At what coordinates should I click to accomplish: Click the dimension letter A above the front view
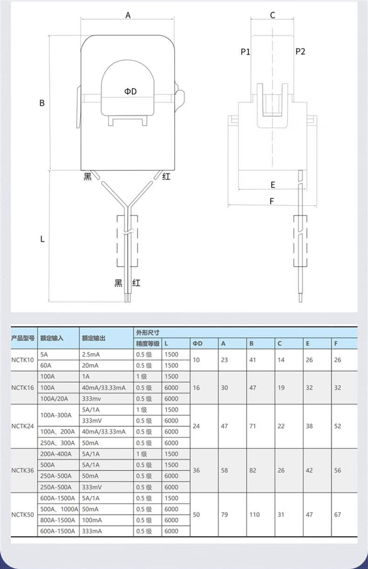[x=128, y=15]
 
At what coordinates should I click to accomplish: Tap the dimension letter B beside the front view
[x=42, y=103]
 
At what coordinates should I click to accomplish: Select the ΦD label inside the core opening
[x=130, y=91]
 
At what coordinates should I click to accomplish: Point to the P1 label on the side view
[x=245, y=52]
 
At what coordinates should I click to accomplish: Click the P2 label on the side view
[x=300, y=52]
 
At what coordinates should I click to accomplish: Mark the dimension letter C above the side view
[x=273, y=15]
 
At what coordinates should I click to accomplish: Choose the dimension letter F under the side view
[x=272, y=201]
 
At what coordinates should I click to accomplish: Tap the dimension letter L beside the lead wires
[x=42, y=239]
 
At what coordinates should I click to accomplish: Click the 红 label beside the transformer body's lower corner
[x=166, y=176]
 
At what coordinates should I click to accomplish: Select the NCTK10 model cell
[x=23, y=360]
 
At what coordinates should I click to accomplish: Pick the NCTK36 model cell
[x=23, y=470]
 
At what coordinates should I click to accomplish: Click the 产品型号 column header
[x=23, y=338]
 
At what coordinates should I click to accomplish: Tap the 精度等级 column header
[x=148, y=344]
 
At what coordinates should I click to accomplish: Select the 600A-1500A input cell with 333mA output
[x=58, y=531]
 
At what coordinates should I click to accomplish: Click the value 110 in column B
[x=254, y=515]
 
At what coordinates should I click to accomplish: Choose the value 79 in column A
[x=225, y=515]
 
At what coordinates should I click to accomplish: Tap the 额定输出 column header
[x=93, y=338]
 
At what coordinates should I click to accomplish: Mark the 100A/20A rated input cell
[x=55, y=399]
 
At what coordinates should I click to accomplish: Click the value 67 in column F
[x=337, y=515]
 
